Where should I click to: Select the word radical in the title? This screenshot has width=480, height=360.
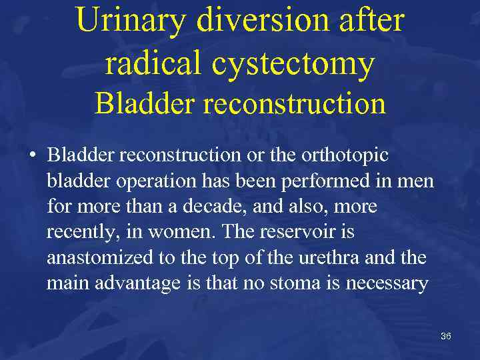[x=152, y=63]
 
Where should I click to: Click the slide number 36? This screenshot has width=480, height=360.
[x=446, y=336]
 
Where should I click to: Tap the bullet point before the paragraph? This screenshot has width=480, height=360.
[x=31, y=155]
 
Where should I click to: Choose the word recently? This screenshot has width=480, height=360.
[x=76, y=233]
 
